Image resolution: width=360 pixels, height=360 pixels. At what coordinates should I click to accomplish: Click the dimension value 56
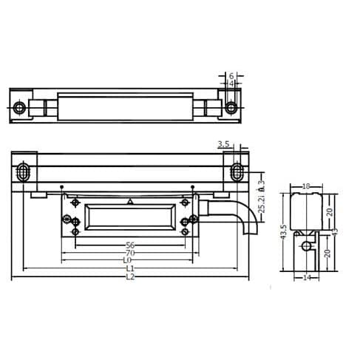click(x=129, y=244)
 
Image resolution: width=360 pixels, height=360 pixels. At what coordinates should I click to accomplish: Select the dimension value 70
click(x=129, y=252)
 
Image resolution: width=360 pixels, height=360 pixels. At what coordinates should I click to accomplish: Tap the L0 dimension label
click(x=128, y=260)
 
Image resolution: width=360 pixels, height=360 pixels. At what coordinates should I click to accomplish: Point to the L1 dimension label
click(x=129, y=269)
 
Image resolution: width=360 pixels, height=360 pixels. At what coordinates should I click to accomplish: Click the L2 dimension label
click(x=129, y=278)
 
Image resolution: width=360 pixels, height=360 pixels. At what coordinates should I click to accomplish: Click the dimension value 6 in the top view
click(x=231, y=76)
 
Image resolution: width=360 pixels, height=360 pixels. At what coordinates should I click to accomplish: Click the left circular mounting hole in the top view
click(x=19, y=108)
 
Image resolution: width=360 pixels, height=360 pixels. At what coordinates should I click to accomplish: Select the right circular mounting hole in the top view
click(x=232, y=108)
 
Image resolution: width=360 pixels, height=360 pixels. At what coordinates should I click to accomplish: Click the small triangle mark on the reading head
click(x=130, y=202)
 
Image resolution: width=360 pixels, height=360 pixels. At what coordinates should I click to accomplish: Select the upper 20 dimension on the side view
click(x=330, y=211)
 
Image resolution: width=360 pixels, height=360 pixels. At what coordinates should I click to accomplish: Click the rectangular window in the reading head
click(x=129, y=219)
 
